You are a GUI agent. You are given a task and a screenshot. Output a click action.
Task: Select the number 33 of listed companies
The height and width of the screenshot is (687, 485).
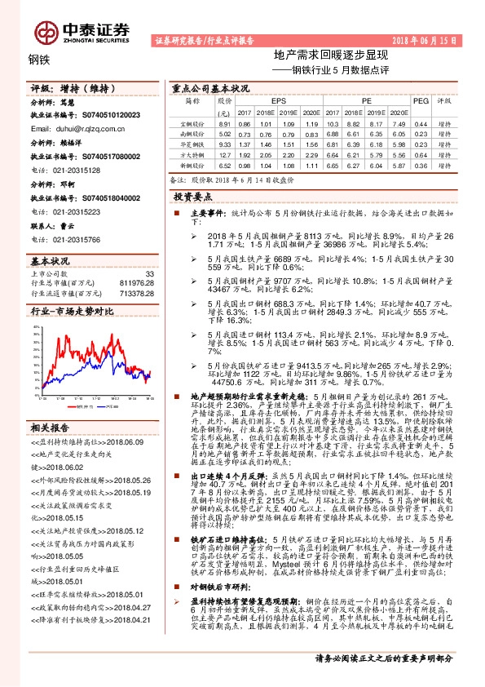[x=148, y=273]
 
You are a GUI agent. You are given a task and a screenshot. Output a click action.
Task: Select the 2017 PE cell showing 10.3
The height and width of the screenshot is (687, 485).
[x=329, y=122]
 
